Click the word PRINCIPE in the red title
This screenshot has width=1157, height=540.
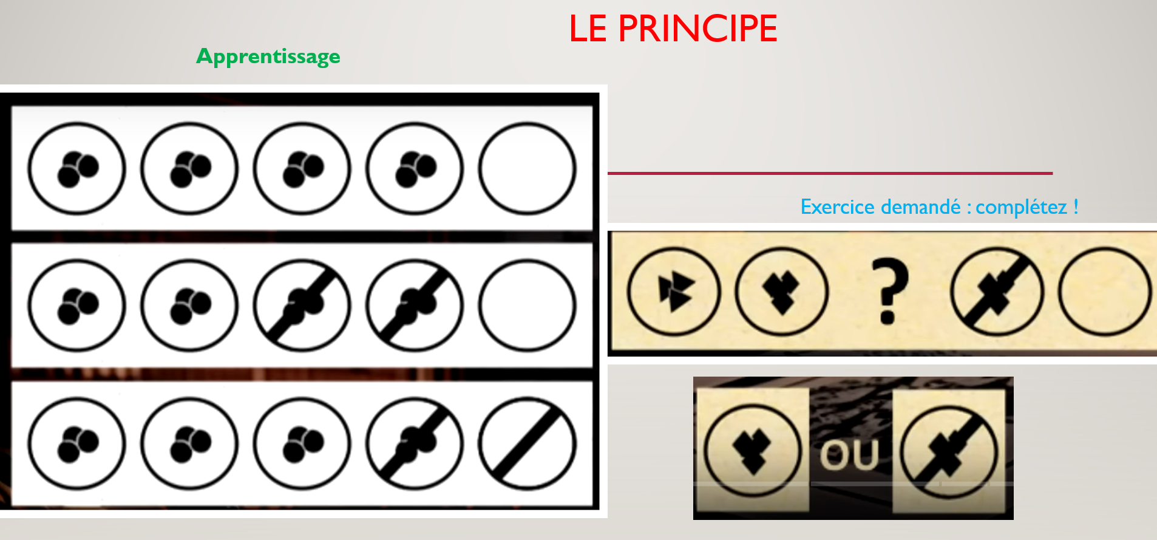697,29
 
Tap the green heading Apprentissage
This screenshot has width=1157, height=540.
268,56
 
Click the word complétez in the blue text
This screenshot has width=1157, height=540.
1021,207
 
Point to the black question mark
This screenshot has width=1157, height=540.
889,290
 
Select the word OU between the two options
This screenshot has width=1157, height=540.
850,455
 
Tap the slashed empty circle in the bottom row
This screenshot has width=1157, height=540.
528,443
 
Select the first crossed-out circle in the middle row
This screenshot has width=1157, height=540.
302,306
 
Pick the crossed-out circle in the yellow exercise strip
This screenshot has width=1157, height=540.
997,292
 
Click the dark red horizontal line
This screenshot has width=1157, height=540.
830,174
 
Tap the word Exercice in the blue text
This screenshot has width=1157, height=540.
840,207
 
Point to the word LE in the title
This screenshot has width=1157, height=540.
588,29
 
